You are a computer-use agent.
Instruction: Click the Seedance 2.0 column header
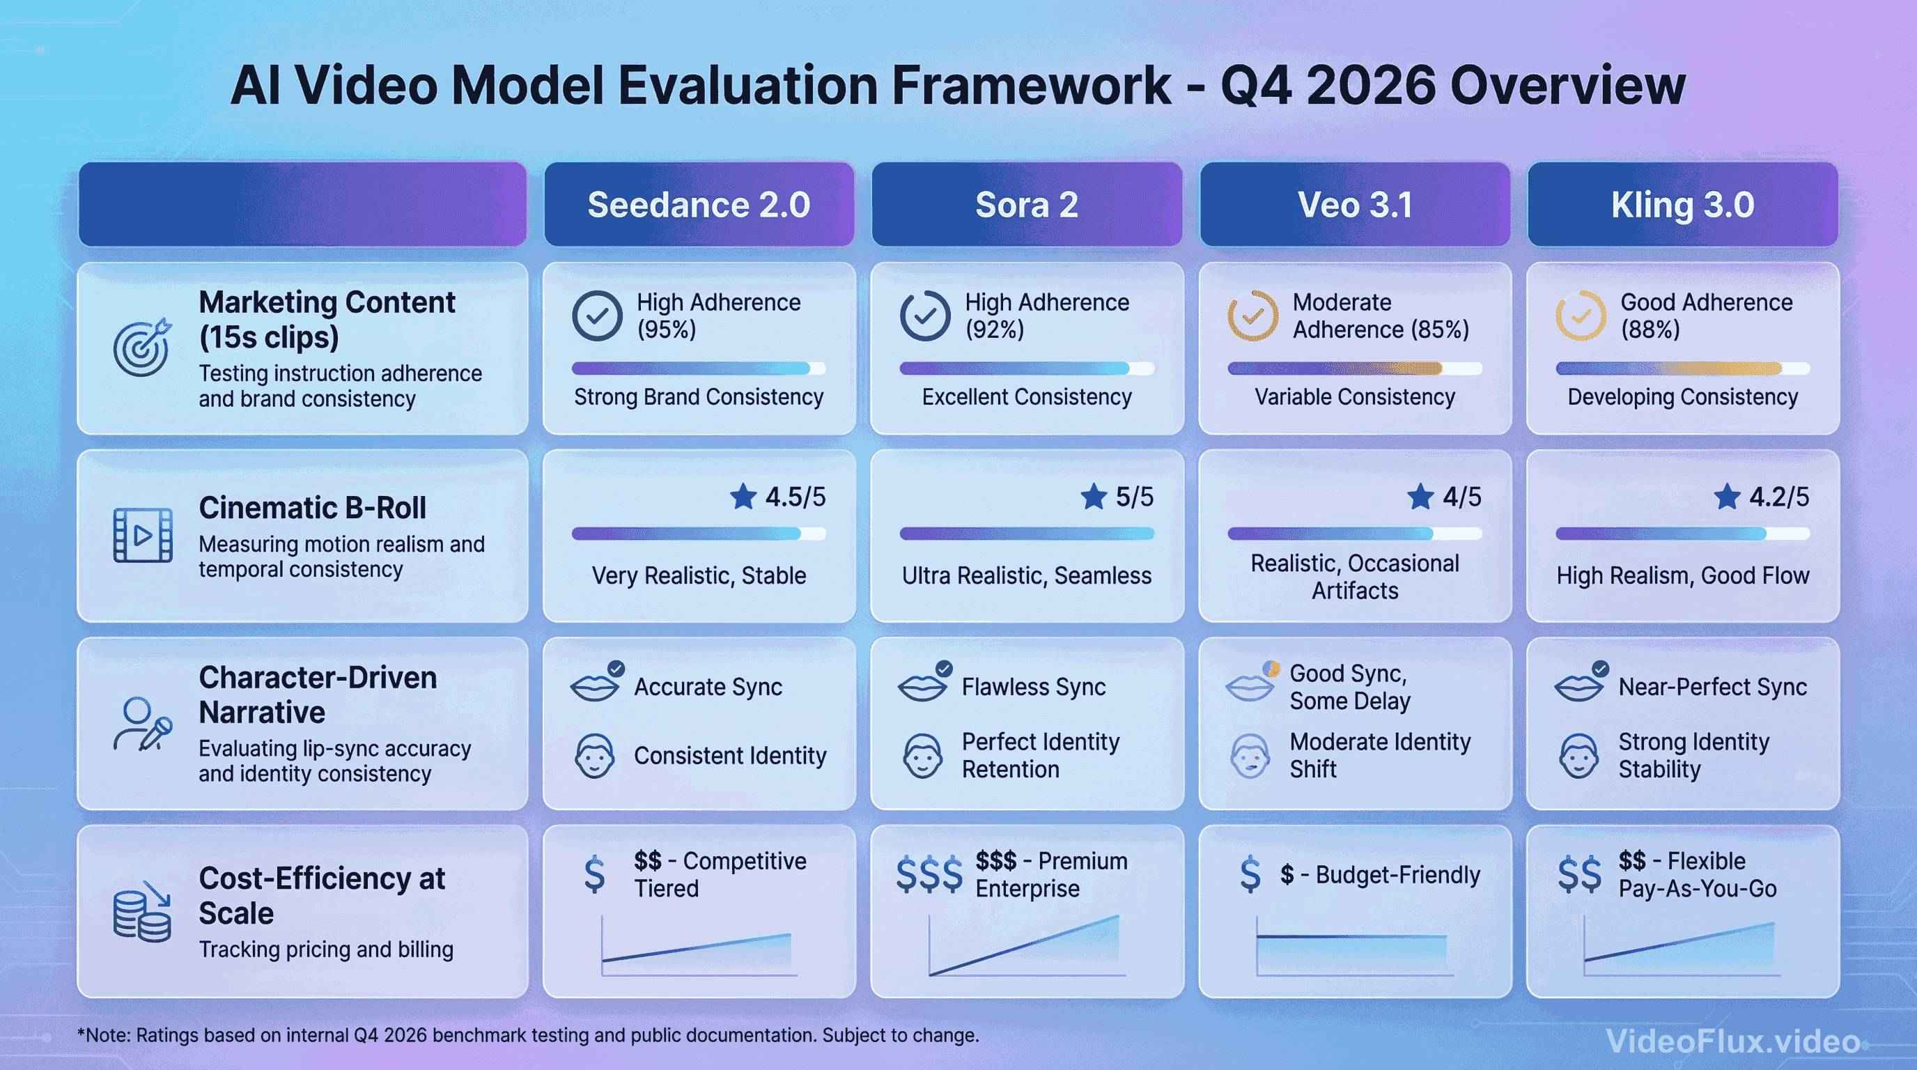(x=698, y=205)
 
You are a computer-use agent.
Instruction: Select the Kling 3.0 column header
(x=1682, y=205)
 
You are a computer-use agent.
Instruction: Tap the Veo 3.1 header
(x=1354, y=205)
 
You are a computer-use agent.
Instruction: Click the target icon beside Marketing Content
(x=142, y=348)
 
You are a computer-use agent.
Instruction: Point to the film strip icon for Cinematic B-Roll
(x=142, y=535)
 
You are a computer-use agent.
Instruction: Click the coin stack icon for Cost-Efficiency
(x=142, y=914)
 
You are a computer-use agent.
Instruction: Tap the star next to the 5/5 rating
(x=1093, y=496)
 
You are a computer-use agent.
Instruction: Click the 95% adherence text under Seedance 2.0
(x=667, y=329)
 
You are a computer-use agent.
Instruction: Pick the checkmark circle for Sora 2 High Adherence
(x=924, y=316)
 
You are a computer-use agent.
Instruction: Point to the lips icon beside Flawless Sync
(x=922, y=687)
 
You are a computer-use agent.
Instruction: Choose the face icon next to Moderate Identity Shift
(x=1250, y=756)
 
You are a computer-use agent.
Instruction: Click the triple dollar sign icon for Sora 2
(x=929, y=875)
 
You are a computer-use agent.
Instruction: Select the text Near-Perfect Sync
(x=1712, y=687)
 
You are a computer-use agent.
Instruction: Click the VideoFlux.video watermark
(x=1732, y=1041)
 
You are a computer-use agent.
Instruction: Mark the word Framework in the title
(x=1030, y=86)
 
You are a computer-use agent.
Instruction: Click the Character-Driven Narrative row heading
(x=318, y=695)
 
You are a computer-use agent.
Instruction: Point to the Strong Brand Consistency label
(x=698, y=397)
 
